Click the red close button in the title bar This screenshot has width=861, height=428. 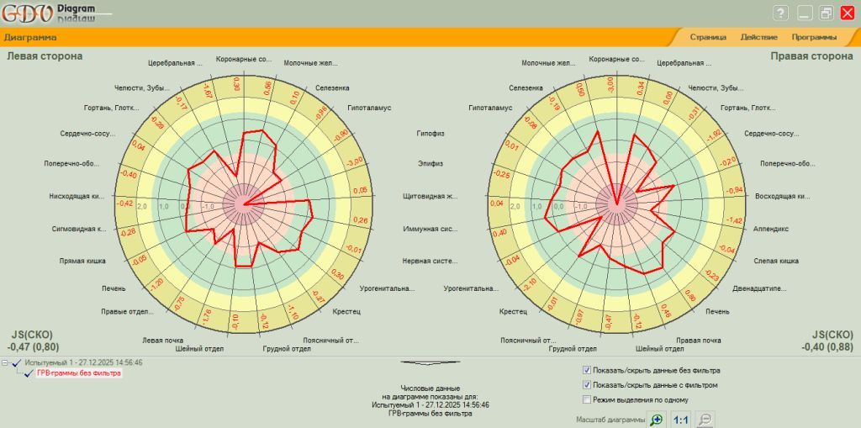coord(847,13)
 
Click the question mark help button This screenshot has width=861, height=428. coord(780,13)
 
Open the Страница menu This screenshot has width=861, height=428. coord(708,37)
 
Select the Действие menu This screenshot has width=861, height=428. coord(758,37)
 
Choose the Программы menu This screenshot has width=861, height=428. coord(813,37)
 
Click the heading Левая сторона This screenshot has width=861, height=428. coord(45,56)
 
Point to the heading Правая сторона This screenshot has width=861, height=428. coord(811,56)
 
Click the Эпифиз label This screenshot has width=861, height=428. coord(430,162)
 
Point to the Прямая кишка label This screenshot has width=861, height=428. coord(82,262)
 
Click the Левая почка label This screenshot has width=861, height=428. coord(163,340)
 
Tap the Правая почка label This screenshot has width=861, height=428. coord(699,340)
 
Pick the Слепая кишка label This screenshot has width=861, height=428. coord(776,262)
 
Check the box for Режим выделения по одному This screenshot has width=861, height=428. coord(587,399)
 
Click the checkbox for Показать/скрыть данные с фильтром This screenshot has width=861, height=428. coord(587,385)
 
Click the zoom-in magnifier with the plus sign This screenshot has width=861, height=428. coord(657,419)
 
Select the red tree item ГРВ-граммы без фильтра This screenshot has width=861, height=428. coord(77,373)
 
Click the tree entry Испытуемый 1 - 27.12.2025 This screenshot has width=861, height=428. coord(83,362)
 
